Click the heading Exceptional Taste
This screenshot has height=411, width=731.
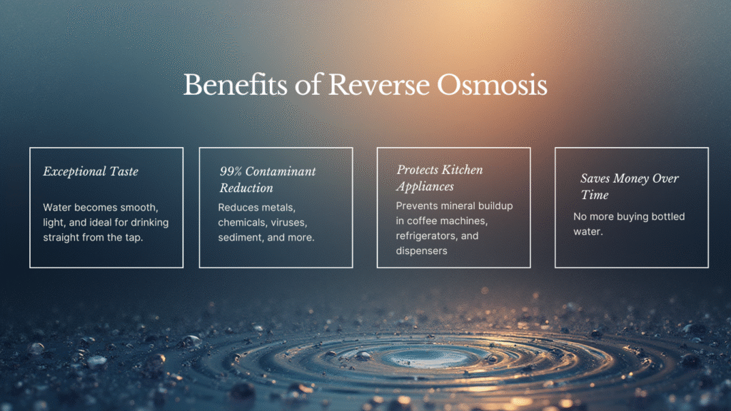(x=91, y=171)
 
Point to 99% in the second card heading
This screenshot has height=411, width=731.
(x=231, y=171)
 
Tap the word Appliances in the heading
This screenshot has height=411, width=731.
(x=425, y=187)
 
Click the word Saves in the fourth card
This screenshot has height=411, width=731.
(x=595, y=178)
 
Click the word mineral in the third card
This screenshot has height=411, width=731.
(x=463, y=205)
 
